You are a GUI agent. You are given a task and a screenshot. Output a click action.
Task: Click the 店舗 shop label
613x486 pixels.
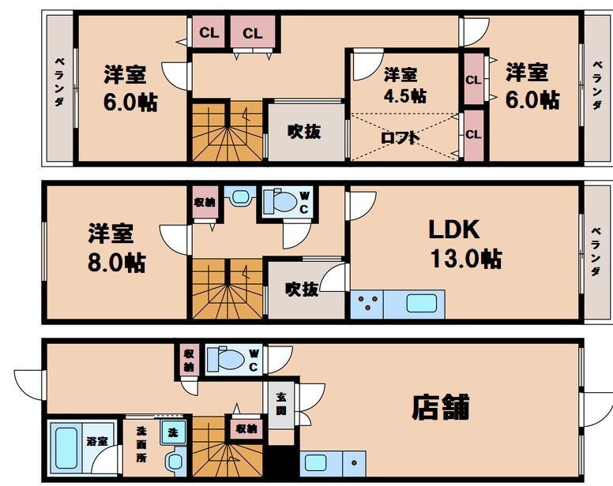pyautogui.click(x=441, y=407)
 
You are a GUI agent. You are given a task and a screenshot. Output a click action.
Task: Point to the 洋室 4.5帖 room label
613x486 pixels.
pyautogui.click(x=404, y=85)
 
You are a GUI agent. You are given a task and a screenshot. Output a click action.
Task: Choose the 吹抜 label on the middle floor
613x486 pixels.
pyautogui.click(x=303, y=290)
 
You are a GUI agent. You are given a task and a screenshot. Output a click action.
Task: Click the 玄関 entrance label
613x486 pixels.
pyautogui.click(x=281, y=405)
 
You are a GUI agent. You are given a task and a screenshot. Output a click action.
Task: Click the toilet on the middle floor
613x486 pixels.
pyautogui.click(x=282, y=201)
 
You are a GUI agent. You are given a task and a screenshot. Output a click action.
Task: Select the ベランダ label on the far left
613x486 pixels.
pyautogui.click(x=59, y=85)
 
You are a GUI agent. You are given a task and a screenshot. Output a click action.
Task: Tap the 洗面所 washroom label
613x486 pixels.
pyautogui.click(x=142, y=443)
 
